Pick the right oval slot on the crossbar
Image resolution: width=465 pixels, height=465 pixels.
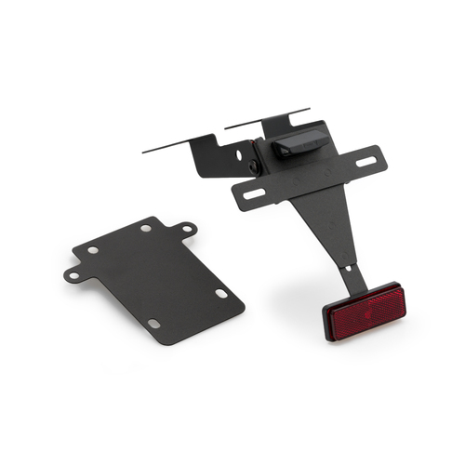(x=365, y=161)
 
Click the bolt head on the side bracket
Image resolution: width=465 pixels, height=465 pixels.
(x=253, y=166)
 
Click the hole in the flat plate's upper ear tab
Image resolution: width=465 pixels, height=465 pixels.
(x=187, y=228)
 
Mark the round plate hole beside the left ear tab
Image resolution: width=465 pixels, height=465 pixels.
(x=92, y=249)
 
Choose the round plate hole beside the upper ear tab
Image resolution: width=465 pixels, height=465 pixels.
(x=147, y=229)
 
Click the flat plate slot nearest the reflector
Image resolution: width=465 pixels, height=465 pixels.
(x=221, y=293)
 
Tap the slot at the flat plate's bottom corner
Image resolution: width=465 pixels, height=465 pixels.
(x=154, y=324)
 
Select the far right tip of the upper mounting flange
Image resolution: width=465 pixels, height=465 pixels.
(x=308, y=111)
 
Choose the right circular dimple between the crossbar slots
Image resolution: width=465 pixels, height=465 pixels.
(x=329, y=172)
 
